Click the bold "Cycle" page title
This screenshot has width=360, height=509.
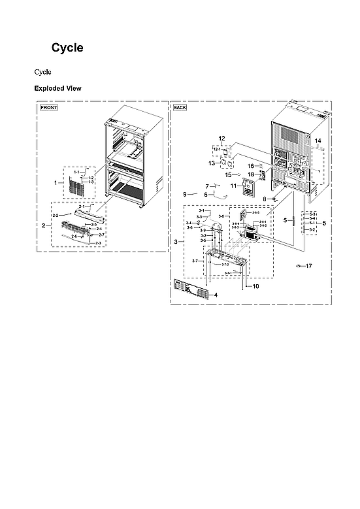click(67, 48)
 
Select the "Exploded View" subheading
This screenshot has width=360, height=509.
click(57, 88)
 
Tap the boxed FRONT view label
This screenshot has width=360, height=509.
click(49, 107)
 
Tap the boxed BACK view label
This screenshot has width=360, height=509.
click(180, 107)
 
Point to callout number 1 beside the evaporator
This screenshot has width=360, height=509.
click(56, 183)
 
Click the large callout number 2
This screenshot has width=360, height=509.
click(43, 225)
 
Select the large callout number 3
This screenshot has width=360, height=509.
click(175, 242)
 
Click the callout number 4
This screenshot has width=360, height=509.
click(216, 295)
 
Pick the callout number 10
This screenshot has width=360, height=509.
click(255, 286)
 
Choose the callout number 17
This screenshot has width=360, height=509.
click(308, 266)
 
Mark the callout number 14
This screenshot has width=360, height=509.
click(318, 141)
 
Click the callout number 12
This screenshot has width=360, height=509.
click(221, 139)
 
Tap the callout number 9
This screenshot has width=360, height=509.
click(185, 194)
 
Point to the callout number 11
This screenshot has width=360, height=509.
click(233, 186)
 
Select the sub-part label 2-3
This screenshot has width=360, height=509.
click(98, 242)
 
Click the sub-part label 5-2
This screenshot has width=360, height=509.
click(312, 230)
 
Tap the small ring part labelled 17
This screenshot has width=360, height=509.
click(299, 266)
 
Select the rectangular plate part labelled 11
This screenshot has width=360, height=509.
click(248, 188)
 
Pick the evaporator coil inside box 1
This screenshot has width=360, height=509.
click(73, 185)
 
